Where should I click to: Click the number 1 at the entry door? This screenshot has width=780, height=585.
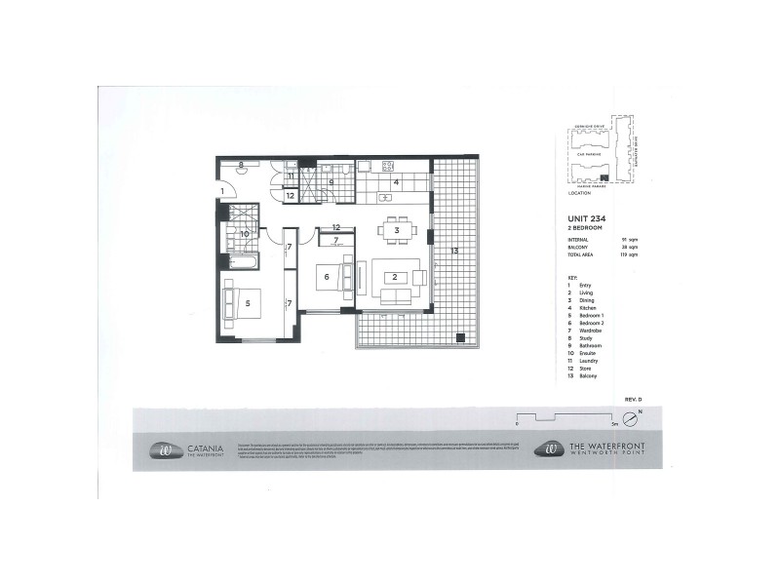pos(222,190)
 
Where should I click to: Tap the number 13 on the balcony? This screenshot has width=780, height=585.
pos(453,252)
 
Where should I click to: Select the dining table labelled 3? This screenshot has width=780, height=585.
pos(398,230)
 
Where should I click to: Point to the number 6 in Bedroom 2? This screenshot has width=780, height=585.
pos(326,277)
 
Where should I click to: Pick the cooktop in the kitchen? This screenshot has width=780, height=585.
pos(386,166)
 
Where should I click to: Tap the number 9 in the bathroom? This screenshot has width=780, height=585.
pos(331,181)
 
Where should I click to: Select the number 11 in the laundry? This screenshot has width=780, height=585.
pos(291,176)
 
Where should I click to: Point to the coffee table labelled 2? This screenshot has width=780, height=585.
pos(394,277)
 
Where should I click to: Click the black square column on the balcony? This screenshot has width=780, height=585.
pos(460,337)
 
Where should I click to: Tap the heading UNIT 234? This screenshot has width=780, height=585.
pos(587,219)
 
